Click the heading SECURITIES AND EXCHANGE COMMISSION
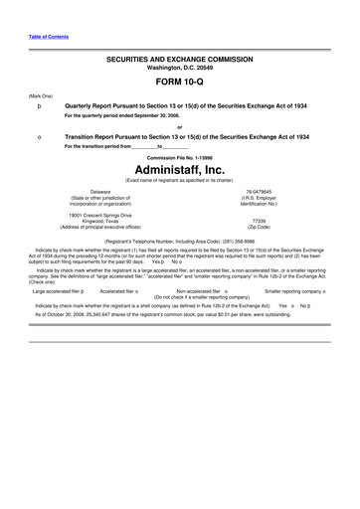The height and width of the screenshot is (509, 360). [x=180, y=61]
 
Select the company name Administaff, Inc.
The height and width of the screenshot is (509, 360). [x=180, y=169]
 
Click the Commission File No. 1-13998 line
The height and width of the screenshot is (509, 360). [x=180, y=157]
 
